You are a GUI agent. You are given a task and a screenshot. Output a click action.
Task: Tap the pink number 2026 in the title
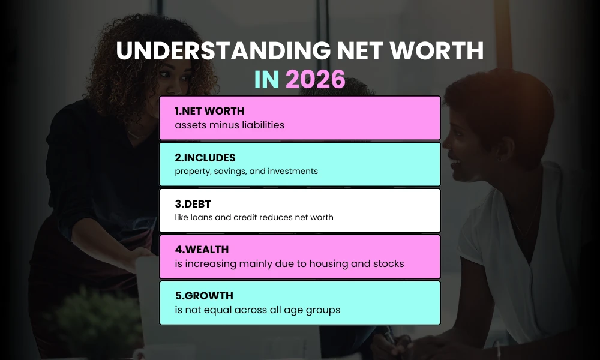click(x=315, y=80)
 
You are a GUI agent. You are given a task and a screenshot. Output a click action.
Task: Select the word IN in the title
click(x=267, y=80)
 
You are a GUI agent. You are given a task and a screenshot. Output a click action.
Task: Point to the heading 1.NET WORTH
click(x=209, y=111)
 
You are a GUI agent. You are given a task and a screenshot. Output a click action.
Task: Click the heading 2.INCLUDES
click(x=205, y=158)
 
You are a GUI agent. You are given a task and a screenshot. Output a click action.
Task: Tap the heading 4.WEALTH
click(x=202, y=250)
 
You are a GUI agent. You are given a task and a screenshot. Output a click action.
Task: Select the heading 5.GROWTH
click(x=204, y=296)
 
